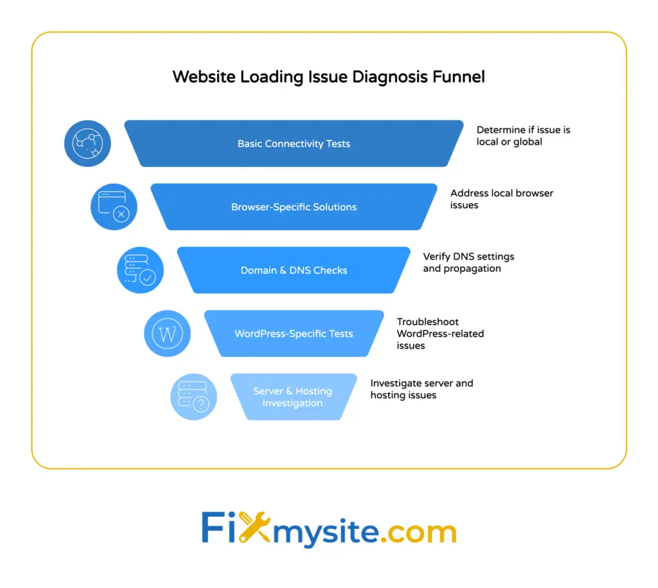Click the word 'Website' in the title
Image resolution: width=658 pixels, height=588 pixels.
point(204,77)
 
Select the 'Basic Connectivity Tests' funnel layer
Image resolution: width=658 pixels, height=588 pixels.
point(294,143)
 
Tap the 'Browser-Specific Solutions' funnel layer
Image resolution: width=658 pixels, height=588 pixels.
point(294,207)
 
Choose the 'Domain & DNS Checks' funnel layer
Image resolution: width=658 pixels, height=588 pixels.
point(294,270)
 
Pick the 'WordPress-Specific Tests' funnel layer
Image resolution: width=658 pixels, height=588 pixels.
point(294,334)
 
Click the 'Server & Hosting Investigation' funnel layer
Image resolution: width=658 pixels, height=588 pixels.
point(292,397)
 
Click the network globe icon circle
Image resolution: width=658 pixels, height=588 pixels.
point(87,143)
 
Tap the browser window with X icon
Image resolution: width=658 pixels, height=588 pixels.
point(114,207)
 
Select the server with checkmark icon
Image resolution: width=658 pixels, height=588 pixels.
point(140,270)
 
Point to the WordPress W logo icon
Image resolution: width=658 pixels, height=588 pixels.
point(167,334)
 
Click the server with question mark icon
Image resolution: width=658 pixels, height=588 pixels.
point(193,397)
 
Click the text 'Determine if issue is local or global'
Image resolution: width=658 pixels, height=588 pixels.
point(523,136)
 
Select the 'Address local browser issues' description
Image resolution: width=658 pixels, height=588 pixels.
point(501,199)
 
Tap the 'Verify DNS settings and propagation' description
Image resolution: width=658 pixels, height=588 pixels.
point(468,262)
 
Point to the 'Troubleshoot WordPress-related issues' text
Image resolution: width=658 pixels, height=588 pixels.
point(440,334)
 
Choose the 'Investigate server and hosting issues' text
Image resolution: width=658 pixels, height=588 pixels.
point(422,389)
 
